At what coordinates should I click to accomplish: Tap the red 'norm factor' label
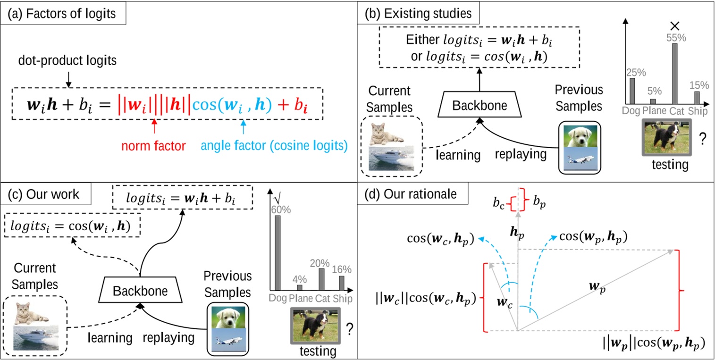coord(153,146)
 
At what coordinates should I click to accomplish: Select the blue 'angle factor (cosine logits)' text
coord(274,146)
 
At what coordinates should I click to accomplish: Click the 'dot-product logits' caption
coord(68,61)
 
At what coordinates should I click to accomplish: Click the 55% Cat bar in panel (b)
coord(674,73)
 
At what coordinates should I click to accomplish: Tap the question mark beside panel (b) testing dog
coord(702,140)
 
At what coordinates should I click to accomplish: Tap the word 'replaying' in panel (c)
coord(168,338)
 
